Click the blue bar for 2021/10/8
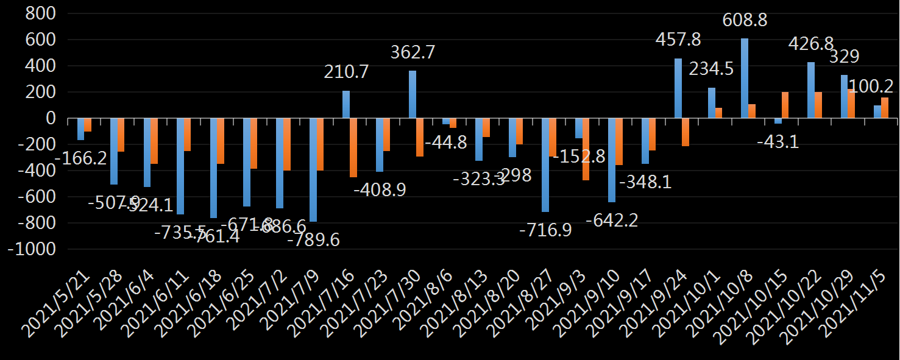(x=745, y=78)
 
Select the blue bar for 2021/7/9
(x=313, y=170)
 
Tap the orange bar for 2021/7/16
(x=353, y=147)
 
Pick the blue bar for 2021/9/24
(x=678, y=88)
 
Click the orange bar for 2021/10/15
(x=785, y=105)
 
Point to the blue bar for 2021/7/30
(x=413, y=94)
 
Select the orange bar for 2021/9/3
(x=586, y=149)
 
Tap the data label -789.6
(x=313, y=239)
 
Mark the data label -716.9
(x=545, y=230)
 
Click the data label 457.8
(x=678, y=40)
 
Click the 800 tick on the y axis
(x=40, y=13)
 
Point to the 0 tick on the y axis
(x=51, y=118)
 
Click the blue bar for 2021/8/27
(x=545, y=165)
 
